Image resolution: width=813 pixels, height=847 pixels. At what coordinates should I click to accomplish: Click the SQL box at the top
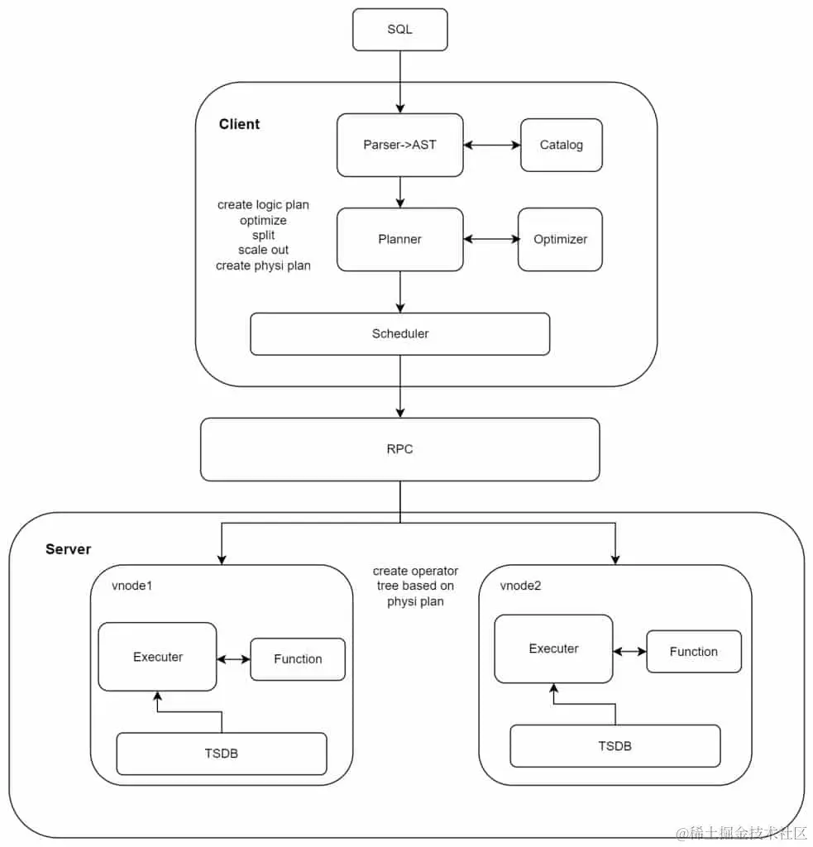[x=399, y=30]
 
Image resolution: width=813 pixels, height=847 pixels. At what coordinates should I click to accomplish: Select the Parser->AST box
[x=399, y=146]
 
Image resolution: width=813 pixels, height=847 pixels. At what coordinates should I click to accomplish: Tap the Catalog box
[x=561, y=146]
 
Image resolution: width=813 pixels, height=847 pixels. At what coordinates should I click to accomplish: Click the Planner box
[x=399, y=240]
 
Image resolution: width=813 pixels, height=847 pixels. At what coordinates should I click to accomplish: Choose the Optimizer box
[x=560, y=240]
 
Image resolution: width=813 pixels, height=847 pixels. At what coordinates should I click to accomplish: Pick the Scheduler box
[x=399, y=334]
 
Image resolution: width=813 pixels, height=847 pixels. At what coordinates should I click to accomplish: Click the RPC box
[x=399, y=449]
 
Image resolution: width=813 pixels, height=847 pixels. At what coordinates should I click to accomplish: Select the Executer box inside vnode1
[x=157, y=657]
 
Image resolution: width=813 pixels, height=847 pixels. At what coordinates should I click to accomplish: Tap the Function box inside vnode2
[x=693, y=652]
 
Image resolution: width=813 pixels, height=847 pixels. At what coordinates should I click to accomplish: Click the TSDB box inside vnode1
[x=221, y=754]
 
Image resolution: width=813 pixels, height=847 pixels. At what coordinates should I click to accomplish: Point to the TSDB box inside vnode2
[x=615, y=746]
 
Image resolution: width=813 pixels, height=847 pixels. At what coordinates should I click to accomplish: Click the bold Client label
[x=239, y=125]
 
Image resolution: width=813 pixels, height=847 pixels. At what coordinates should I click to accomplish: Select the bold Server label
[x=68, y=549]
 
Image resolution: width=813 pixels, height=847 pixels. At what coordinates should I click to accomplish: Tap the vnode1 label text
[x=132, y=586]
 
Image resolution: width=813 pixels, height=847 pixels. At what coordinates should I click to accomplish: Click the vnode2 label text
[x=521, y=586]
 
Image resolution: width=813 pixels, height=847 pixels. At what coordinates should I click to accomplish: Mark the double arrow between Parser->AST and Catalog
[x=491, y=146]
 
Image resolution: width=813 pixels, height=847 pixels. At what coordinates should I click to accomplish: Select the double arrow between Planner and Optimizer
[x=490, y=240]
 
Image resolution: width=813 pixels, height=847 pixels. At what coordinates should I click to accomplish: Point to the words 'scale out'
[x=263, y=250]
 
